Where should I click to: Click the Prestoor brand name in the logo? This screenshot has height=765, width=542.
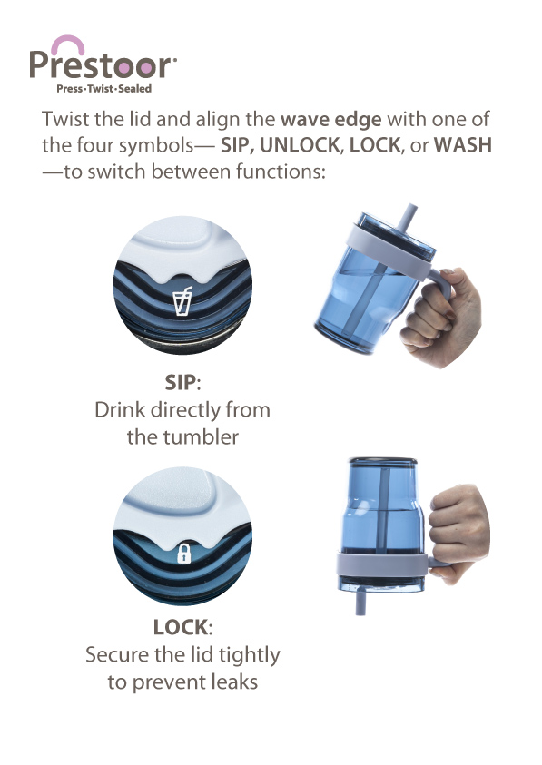coord(102,65)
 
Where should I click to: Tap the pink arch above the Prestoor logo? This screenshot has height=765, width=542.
coord(68,42)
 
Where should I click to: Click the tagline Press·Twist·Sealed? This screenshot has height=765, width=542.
coord(104,89)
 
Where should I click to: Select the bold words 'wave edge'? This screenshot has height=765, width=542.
coord(331,120)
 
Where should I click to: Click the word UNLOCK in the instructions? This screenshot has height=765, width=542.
coord(300,145)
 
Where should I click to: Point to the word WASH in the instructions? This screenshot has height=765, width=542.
coord(463,145)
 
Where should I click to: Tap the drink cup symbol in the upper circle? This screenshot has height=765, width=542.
coord(183,301)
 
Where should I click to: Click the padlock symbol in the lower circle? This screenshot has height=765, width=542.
coord(184,553)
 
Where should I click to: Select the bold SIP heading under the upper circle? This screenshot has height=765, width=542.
coord(181,383)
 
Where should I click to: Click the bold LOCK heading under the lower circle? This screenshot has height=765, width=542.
coord(181,627)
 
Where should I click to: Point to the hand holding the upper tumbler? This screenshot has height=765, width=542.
coord(442,318)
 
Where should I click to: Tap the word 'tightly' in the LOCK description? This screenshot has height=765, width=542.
coord(250,656)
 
